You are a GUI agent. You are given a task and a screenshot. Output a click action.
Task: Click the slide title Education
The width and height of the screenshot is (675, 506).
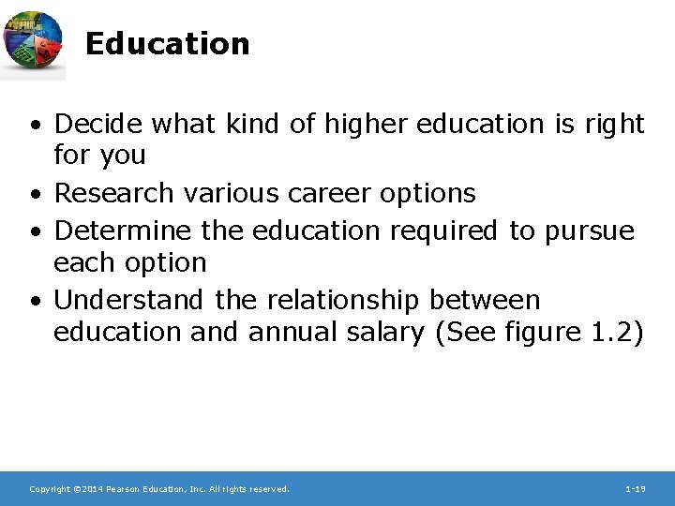[167, 44]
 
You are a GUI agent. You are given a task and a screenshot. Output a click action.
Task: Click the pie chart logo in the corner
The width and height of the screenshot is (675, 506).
[33, 42]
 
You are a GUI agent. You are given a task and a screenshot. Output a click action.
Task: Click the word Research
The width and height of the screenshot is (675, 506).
[113, 194]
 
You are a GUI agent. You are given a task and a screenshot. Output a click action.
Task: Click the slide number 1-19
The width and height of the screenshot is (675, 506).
[636, 489]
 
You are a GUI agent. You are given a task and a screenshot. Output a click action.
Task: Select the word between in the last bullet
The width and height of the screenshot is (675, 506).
[486, 300]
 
